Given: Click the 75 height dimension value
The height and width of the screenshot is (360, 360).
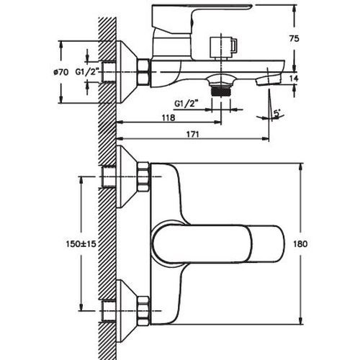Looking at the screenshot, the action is click(x=294, y=38).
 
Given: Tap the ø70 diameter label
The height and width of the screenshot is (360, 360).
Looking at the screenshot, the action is click(x=61, y=72).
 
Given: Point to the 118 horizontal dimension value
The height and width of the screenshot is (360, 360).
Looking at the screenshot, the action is click(x=168, y=117).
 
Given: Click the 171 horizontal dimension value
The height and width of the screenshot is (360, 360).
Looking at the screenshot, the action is click(x=193, y=134).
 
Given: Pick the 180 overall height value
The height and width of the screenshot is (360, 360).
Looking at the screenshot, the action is click(x=300, y=244).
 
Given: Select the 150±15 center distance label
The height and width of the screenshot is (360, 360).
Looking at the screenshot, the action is click(x=81, y=244).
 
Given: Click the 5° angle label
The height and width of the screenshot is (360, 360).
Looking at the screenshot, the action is click(x=277, y=113).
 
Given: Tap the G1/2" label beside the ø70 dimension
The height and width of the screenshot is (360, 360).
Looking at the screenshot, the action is click(x=88, y=71).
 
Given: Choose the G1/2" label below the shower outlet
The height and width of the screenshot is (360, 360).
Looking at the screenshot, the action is click(x=186, y=104).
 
